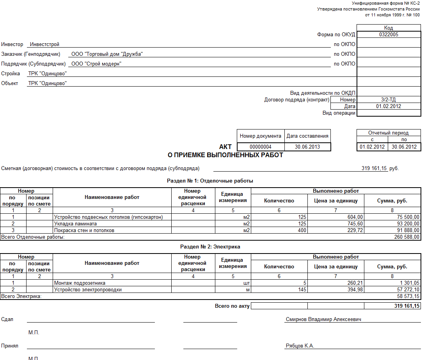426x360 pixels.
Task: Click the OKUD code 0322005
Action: click(x=389, y=34)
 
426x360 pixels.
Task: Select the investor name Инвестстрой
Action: click(x=45, y=44)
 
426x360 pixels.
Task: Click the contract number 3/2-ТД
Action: click(x=389, y=100)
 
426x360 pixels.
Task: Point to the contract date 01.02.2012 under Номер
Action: click(x=389, y=106)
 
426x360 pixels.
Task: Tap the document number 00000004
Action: click(x=261, y=147)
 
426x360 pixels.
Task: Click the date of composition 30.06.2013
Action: click(x=307, y=147)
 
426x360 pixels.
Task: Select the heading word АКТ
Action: click(x=225, y=147)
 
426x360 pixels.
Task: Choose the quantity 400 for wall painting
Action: click(x=302, y=231)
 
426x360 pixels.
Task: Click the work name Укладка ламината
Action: click(x=75, y=224)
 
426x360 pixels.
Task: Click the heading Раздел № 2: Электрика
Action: click(x=210, y=247)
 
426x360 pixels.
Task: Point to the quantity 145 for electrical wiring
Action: click(x=302, y=290)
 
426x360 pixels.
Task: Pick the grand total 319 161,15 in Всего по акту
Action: click(x=406, y=306)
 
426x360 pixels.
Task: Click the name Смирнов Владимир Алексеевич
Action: click(x=323, y=319)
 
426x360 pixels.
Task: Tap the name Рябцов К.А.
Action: click(x=300, y=346)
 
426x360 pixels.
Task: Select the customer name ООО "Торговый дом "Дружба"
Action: click(x=107, y=54)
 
